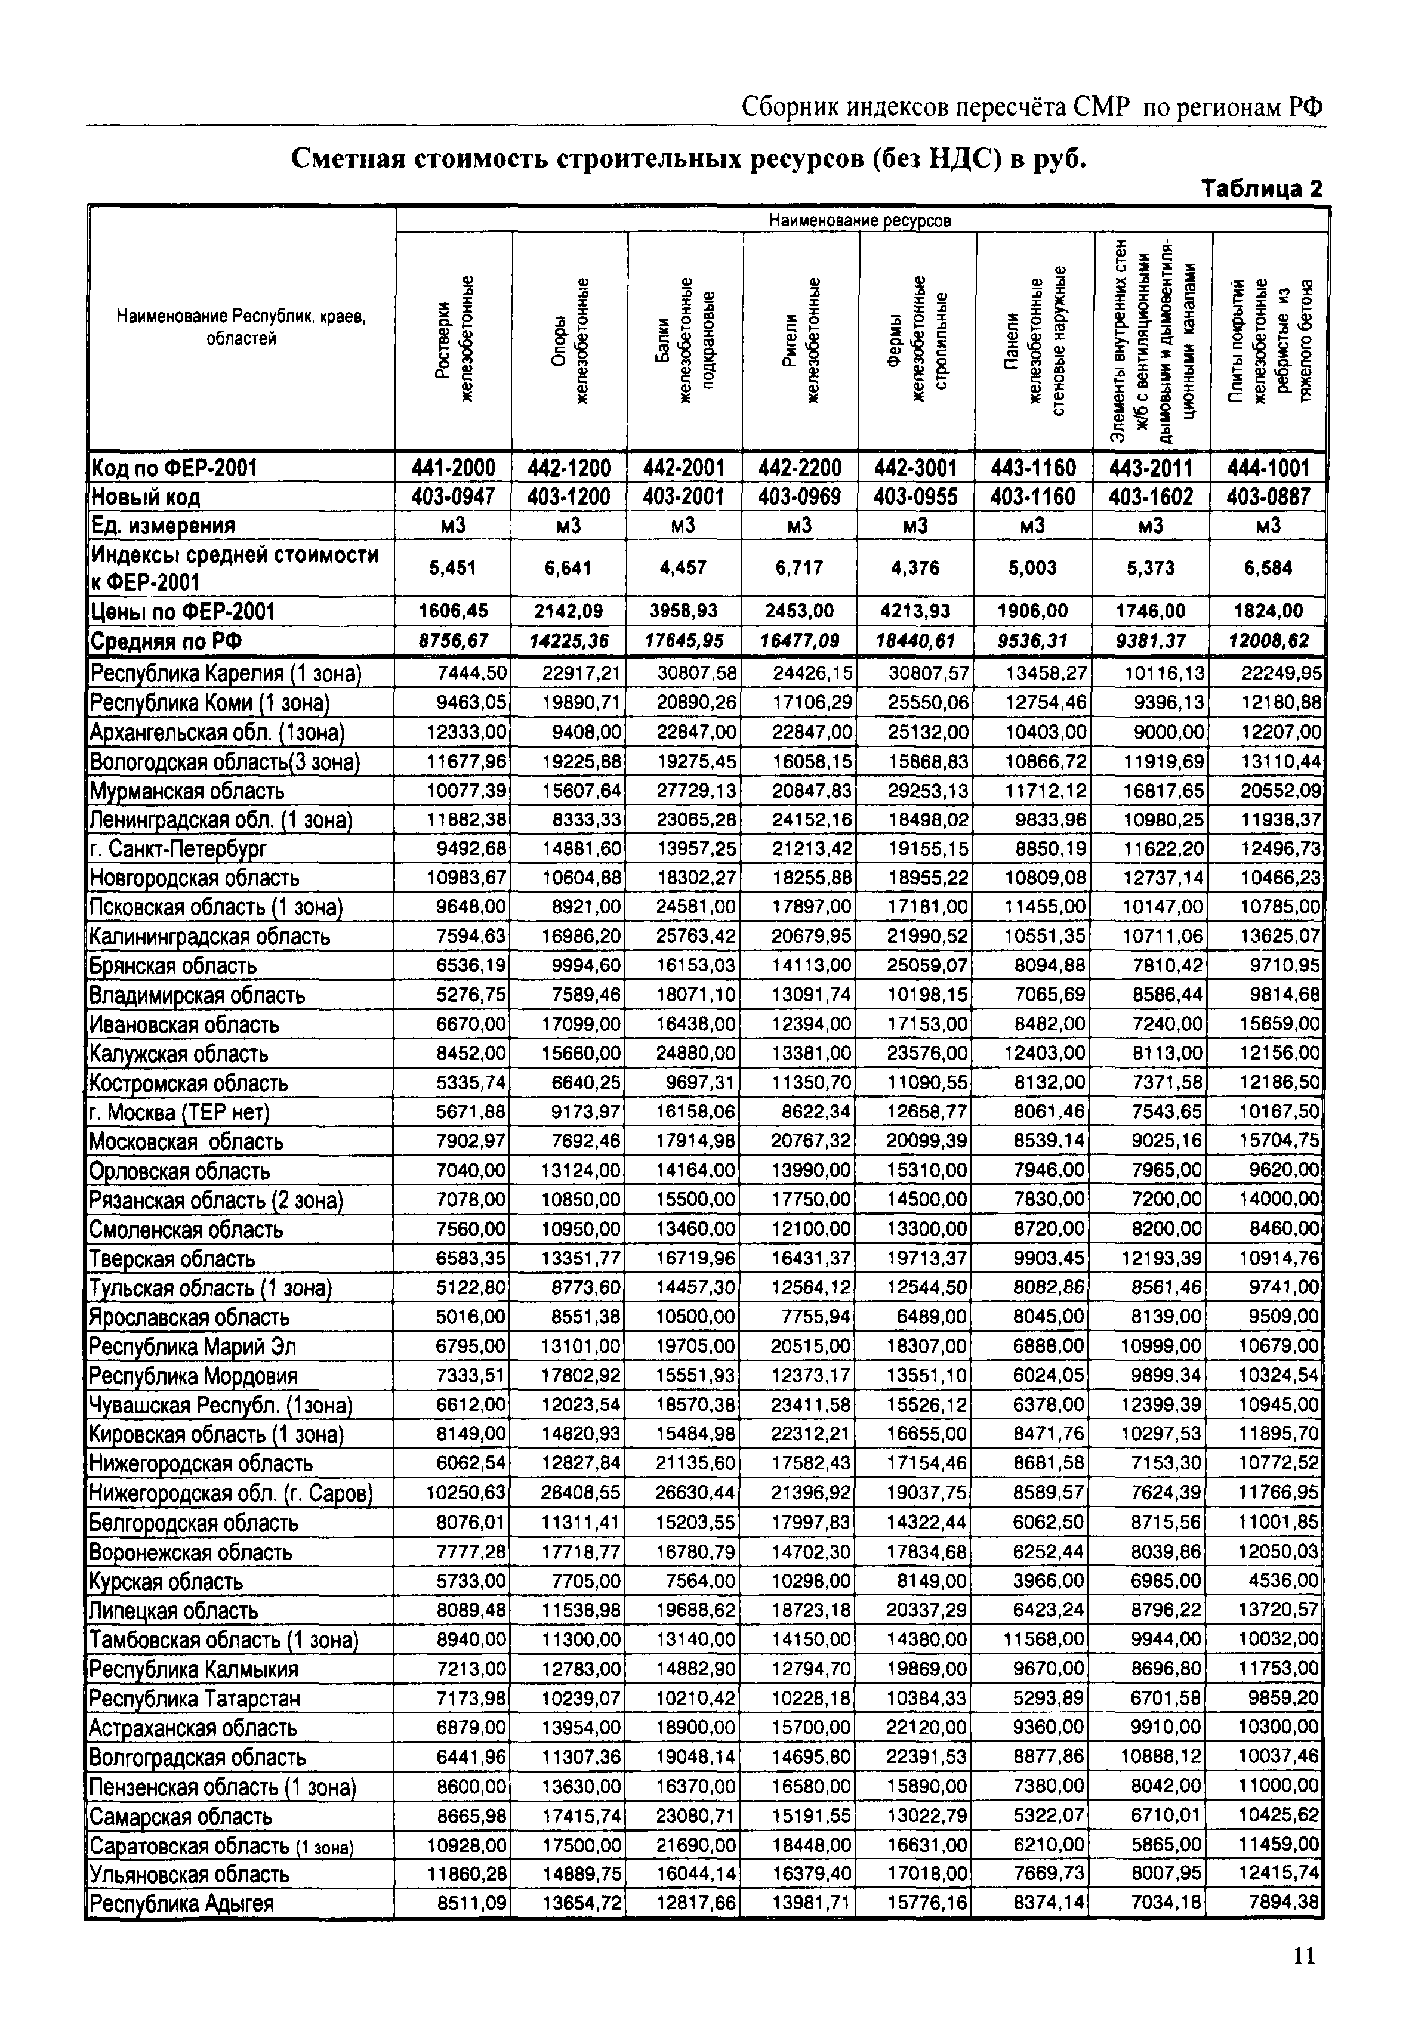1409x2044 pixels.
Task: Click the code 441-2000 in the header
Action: (x=454, y=467)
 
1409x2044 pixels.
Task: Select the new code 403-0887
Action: (x=1269, y=497)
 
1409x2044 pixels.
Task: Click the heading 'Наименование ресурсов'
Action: (x=860, y=220)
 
